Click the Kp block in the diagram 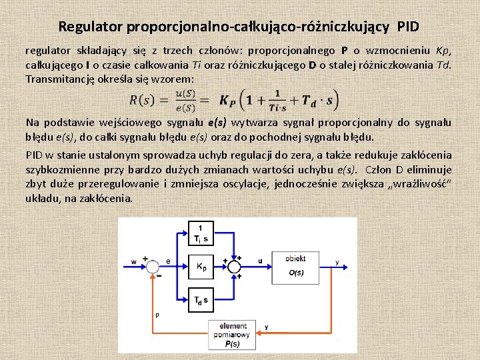pos(201,266)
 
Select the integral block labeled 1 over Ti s pos(201,234)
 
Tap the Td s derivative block pos(201,299)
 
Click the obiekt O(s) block pos(296,265)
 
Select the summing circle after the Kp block pos(234,265)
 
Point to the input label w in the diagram pos(135,261)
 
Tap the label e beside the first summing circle pos(168,261)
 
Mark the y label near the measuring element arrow pos(266,327)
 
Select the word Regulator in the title pos(87,27)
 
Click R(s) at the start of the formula pos(142,101)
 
